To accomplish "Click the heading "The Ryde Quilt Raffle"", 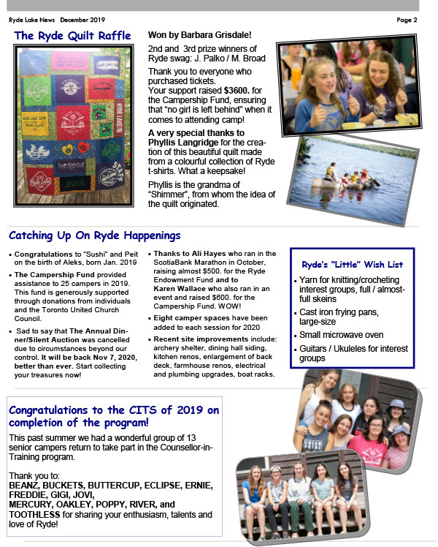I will click(72, 36).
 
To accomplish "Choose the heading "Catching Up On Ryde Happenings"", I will click(94, 236).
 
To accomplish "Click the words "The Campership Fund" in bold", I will click(50, 275).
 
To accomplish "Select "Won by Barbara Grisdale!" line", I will click(199, 34).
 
